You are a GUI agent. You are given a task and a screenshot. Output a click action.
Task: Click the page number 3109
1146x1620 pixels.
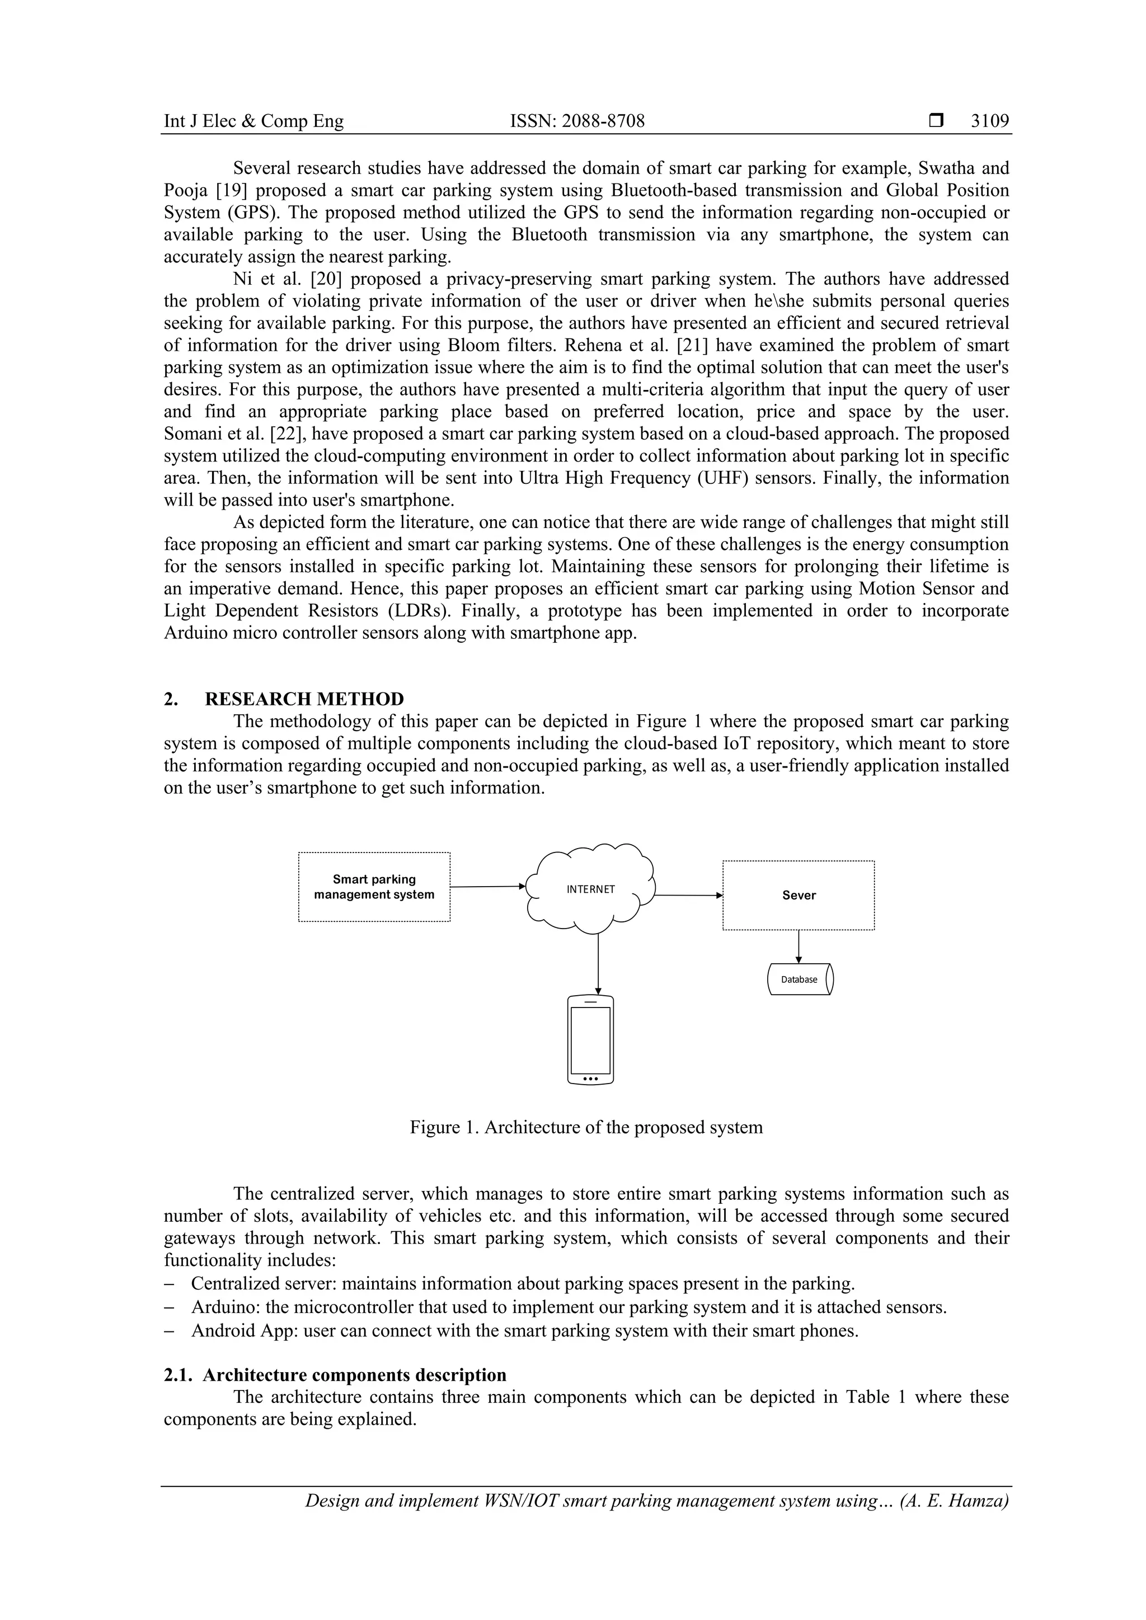(989, 121)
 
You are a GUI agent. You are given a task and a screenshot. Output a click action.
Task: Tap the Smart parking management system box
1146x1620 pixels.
(374, 887)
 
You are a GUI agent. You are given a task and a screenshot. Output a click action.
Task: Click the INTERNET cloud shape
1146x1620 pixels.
(591, 889)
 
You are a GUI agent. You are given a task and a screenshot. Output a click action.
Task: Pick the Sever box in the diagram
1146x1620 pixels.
(798, 896)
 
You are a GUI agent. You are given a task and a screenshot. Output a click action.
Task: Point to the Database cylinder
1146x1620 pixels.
(800, 979)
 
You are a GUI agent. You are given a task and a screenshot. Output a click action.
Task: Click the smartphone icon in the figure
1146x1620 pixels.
(591, 1039)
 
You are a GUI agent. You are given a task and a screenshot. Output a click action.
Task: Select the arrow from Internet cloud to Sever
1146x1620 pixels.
(689, 896)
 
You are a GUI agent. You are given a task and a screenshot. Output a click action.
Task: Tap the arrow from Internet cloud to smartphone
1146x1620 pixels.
(598, 964)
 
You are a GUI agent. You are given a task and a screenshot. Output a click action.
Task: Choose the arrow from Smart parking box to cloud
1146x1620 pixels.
(487, 886)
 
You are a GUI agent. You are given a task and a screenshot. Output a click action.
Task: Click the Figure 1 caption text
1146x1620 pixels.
(586, 1127)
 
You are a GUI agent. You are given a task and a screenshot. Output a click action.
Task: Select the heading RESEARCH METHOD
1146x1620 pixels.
(304, 699)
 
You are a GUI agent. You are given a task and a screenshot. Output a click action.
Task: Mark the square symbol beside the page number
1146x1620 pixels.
(936, 121)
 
